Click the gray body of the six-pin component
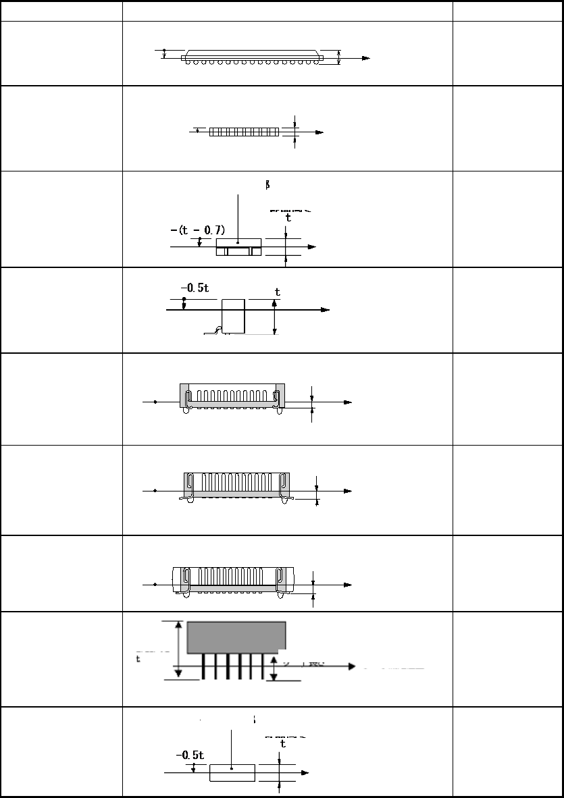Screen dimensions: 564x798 (236, 637)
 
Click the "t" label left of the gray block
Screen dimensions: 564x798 (138, 659)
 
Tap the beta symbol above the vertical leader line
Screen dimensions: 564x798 (268, 184)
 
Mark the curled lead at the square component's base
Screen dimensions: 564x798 (217, 330)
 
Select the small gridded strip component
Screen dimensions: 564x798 (244, 132)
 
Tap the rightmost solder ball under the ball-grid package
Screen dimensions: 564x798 (315, 63)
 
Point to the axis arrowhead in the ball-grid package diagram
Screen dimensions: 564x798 (366, 59)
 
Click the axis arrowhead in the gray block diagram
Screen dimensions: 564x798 (351, 666)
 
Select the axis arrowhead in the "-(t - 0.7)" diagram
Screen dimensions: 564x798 (311, 247)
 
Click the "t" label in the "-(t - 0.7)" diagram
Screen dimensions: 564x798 (288, 218)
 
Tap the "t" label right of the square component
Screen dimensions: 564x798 (277, 292)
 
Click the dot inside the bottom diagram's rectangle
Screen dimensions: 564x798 (232, 768)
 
